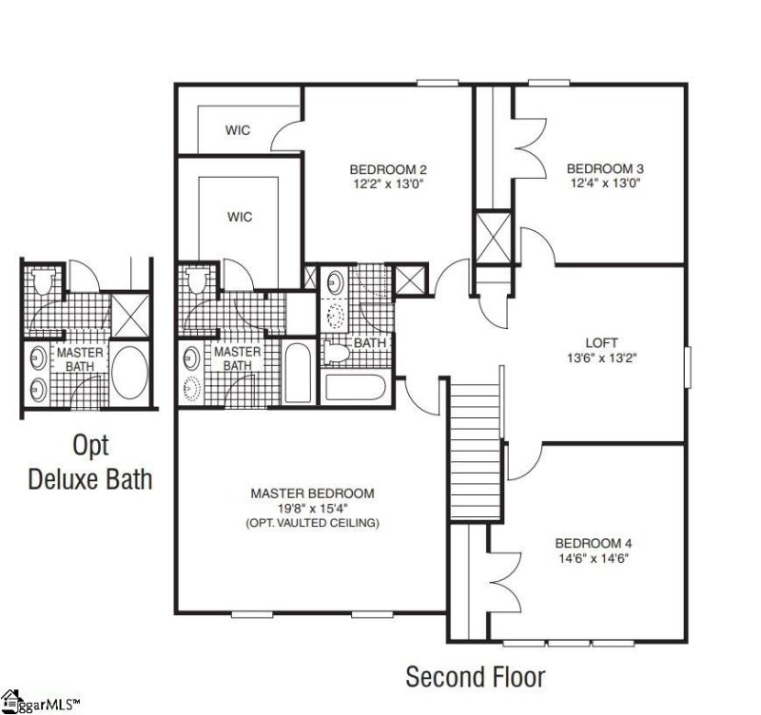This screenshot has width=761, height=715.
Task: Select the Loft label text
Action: pyautogui.click(x=601, y=342)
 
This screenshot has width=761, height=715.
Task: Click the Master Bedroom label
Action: pyautogui.click(x=312, y=493)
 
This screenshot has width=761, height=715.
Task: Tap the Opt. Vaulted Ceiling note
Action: pyautogui.click(x=312, y=524)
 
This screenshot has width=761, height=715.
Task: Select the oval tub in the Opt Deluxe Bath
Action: pyautogui.click(x=130, y=374)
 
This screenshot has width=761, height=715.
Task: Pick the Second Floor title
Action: pyautogui.click(x=475, y=677)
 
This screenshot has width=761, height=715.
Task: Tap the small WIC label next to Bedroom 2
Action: pyautogui.click(x=238, y=130)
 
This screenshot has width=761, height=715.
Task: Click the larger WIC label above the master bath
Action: pyautogui.click(x=240, y=217)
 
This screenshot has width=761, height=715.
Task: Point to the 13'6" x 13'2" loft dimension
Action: pyautogui.click(x=601, y=358)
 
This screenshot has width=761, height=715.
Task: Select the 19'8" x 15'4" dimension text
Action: pyautogui.click(x=312, y=509)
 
